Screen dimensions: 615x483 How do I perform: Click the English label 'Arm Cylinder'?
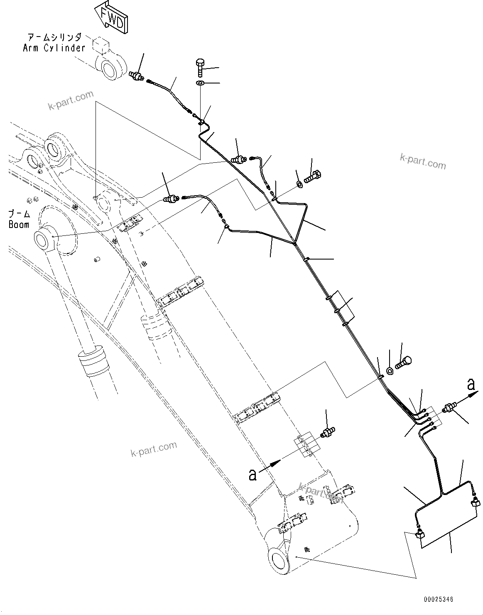tap(54, 48)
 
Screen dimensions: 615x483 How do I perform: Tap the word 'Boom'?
tap(19, 225)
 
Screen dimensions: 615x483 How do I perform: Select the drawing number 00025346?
tap(439, 599)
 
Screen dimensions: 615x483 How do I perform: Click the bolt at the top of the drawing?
tap(200, 67)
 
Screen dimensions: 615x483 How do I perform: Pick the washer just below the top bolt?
tap(200, 83)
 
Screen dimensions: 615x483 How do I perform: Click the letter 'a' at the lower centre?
tap(252, 474)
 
